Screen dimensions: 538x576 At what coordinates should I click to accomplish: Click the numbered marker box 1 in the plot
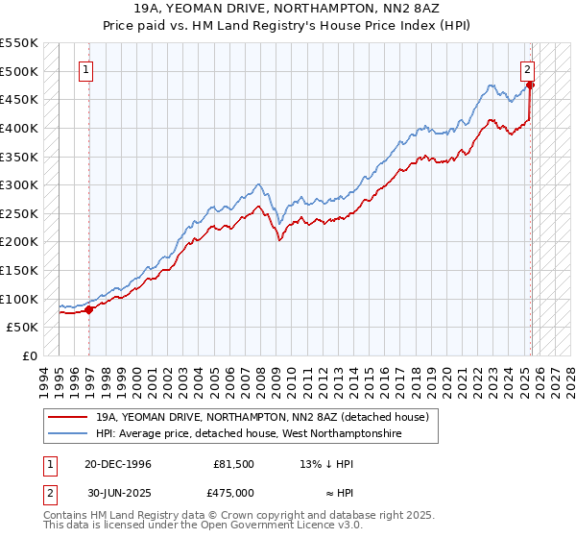pyautogui.click(x=86, y=69)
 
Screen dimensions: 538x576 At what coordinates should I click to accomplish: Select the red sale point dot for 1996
pyautogui.click(x=89, y=309)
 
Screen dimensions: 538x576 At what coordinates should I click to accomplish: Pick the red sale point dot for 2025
pyautogui.click(x=532, y=85)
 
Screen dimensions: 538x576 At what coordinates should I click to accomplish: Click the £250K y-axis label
pyautogui.click(x=19, y=213)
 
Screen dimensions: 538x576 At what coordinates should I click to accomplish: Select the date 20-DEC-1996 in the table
pyautogui.click(x=118, y=464)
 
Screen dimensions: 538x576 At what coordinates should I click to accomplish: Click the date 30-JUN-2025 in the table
pyautogui.click(x=118, y=492)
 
